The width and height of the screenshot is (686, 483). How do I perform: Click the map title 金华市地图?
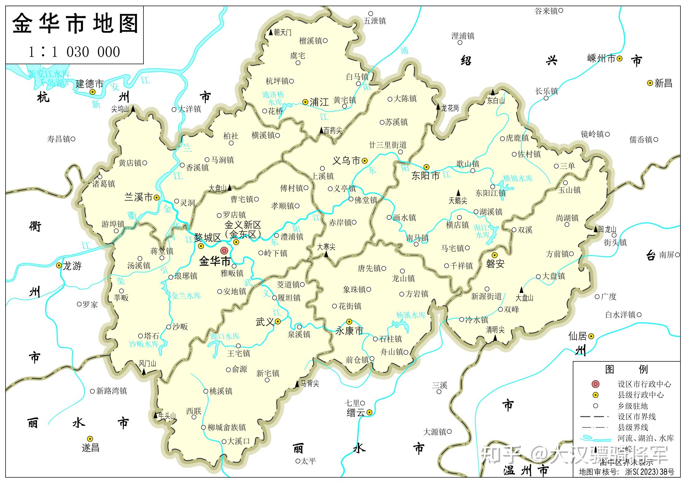(75, 24)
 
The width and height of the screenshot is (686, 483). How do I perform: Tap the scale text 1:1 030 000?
(74, 52)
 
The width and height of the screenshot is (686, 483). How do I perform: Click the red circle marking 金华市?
(224, 251)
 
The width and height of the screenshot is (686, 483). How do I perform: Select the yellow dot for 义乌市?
(365, 160)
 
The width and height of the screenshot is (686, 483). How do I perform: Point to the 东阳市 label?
(425, 176)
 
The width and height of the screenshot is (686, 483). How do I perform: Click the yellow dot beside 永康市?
(349, 321)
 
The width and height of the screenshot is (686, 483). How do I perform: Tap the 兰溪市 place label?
(139, 197)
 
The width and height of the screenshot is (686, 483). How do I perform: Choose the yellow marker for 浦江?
(305, 102)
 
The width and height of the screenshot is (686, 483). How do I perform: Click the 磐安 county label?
(495, 264)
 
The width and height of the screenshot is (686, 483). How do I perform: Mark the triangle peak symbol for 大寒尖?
(326, 254)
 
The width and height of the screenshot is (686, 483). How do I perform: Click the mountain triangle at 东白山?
(493, 92)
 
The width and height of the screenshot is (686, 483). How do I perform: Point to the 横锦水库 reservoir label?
(518, 178)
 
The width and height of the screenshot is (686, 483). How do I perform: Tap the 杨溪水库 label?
(411, 315)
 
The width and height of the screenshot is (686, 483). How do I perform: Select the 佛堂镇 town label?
(366, 200)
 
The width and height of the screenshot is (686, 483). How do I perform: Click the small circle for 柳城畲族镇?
(203, 427)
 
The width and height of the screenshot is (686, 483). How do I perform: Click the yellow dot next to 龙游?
(59, 266)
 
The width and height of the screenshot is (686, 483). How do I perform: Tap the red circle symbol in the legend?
(595, 384)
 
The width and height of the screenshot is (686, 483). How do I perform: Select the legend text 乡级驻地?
(633, 406)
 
